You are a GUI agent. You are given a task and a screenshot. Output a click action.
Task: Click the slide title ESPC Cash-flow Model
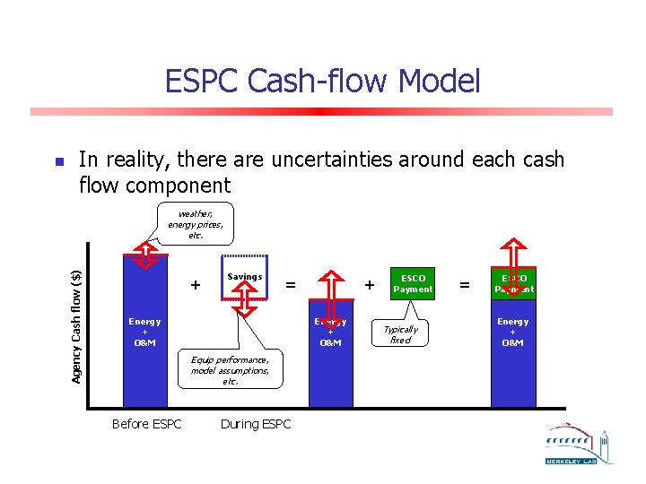[322, 82]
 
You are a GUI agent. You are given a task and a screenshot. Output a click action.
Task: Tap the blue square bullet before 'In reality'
[59, 163]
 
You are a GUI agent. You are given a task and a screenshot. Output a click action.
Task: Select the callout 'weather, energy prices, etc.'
[195, 224]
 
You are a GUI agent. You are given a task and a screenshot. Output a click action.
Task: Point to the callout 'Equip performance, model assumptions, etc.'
[230, 370]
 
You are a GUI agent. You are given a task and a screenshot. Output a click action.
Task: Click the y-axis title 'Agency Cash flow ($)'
[77, 326]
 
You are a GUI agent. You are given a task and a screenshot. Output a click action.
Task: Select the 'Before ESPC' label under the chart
[146, 424]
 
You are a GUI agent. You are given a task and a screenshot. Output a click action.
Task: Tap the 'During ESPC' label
[256, 424]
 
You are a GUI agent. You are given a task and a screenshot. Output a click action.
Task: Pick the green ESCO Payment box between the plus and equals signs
[413, 283]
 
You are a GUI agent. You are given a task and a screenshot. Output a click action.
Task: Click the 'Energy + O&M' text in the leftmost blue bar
[144, 332]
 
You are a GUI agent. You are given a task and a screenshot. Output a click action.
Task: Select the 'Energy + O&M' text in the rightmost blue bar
[513, 332]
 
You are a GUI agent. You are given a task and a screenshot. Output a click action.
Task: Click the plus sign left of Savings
[195, 285]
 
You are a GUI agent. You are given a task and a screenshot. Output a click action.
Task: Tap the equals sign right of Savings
[290, 285]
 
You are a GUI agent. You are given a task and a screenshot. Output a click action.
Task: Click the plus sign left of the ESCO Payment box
[369, 285]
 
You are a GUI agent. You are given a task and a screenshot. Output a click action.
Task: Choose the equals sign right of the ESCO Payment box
[464, 285]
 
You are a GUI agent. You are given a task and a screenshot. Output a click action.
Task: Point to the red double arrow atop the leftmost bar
[144, 256]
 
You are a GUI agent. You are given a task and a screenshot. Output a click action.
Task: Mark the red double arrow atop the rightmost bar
[514, 264]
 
